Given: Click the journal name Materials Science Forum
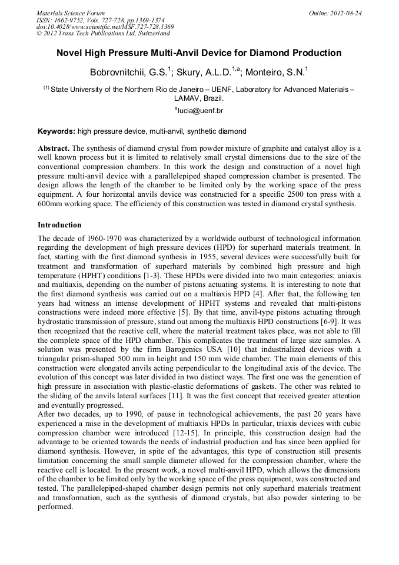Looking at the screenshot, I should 71,12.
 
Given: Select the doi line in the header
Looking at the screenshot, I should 105,27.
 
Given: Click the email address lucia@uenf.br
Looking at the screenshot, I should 201,110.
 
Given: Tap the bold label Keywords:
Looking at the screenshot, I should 56,131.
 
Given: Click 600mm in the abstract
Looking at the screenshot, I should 53,204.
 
